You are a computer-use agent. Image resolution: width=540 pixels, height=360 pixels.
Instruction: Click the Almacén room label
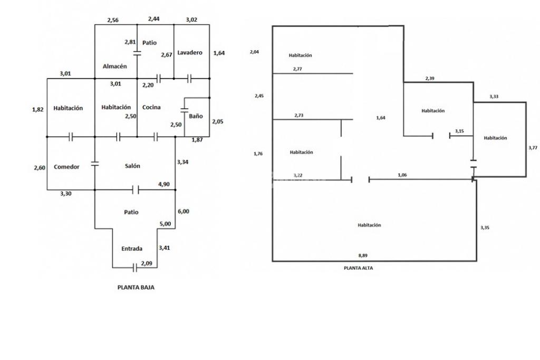tap(114, 66)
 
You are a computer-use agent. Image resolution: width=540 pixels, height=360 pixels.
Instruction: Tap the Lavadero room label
tap(190, 52)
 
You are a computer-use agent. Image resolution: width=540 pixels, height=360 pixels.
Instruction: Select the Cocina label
tap(151, 107)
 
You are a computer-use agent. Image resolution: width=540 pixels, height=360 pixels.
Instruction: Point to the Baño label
tap(196, 116)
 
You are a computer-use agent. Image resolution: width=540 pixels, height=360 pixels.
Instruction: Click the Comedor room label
tap(66, 167)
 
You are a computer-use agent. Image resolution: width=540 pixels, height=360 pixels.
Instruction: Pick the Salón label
tap(132, 166)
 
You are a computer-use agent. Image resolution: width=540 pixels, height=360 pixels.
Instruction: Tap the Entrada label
tap(132, 249)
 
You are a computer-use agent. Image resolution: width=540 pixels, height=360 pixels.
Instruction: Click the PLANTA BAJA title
tap(136, 287)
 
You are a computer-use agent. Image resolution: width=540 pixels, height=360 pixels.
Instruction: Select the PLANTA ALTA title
tap(358, 268)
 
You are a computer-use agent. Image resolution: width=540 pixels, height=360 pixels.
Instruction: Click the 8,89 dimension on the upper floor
tap(363, 255)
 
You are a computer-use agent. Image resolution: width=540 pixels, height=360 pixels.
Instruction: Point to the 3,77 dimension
tap(533, 148)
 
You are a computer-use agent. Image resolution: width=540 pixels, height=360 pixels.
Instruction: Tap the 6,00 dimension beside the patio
tap(183, 211)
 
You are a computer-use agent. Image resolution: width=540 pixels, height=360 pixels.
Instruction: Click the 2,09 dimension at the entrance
tap(147, 263)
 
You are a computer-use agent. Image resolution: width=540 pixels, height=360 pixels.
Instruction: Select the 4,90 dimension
tap(164, 184)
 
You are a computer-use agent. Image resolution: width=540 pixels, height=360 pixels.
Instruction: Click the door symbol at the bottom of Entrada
tap(134, 268)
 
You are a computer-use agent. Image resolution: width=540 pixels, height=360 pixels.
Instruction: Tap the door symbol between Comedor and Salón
tap(95, 164)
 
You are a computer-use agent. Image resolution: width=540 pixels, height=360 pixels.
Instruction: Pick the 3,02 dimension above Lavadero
tap(191, 20)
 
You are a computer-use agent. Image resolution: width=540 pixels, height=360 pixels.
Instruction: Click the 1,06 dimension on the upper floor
tap(402, 175)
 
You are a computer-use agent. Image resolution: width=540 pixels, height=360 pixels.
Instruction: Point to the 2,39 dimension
tap(430, 78)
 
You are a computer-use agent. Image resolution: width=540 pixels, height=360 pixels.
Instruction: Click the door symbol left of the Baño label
tap(184, 110)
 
